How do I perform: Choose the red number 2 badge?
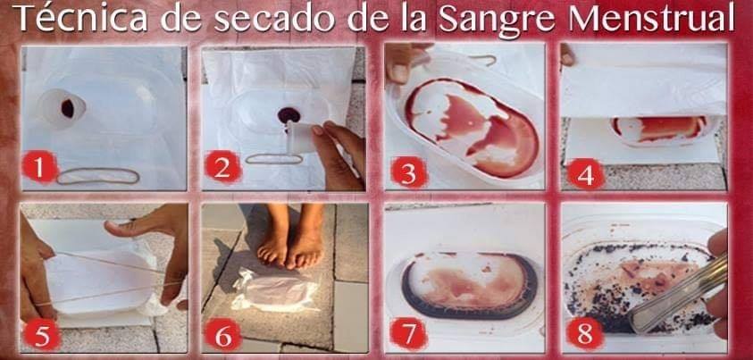pyautogui.click(x=222, y=166)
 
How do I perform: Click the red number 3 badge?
pyautogui.click(x=409, y=172)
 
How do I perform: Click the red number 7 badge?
pyautogui.click(x=409, y=334)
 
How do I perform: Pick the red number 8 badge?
pyautogui.click(x=585, y=334)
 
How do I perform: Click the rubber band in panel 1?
pyautogui.click(x=98, y=182)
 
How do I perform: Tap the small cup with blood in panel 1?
pyautogui.click(x=63, y=108)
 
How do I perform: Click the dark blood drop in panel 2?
pyautogui.click(x=289, y=114)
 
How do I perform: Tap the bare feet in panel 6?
pyautogui.click(x=291, y=235)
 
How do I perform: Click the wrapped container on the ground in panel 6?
pyautogui.click(x=273, y=290)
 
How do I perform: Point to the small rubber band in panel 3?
pyautogui.click(x=482, y=60)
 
